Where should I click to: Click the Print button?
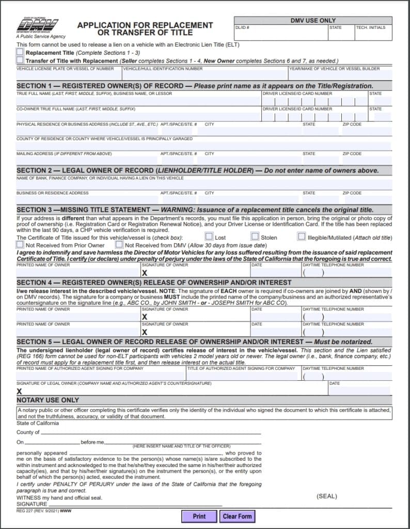[x=199, y=516]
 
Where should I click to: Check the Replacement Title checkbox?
[x=20, y=52]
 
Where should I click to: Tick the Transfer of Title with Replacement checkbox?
[x=20, y=60]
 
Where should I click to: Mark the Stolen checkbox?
[x=255, y=237]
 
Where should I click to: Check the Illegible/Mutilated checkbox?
[x=302, y=237]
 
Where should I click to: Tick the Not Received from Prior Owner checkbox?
[x=20, y=244]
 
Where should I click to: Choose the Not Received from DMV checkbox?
[x=119, y=244]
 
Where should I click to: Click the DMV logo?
[x=37, y=25]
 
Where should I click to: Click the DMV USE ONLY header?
[x=313, y=21]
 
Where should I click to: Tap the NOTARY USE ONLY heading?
[x=48, y=400]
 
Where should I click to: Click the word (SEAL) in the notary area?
[x=326, y=496]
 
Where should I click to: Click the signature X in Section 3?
[x=145, y=272]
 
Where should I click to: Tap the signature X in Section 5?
[x=20, y=391]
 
